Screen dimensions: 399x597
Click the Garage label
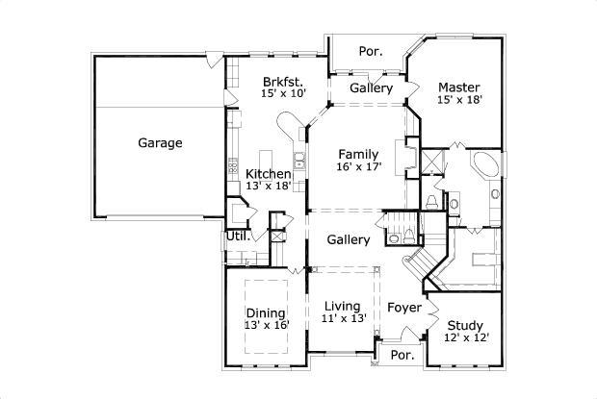[x=160, y=143]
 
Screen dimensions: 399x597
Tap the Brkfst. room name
[x=281, y=82]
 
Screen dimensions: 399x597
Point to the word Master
[x=458, y=85]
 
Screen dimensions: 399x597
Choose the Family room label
[x=357, y=154]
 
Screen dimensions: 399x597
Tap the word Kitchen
[x=268, y=174]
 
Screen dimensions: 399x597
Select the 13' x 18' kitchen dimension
[x=268, y=187]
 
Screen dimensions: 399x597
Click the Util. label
[x=238, y=236]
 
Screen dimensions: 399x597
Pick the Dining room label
[x=265, y=312]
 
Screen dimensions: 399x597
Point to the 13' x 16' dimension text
[x=265, y=326]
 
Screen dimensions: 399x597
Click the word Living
[x=342, y=306]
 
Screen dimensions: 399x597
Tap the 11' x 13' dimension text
[x=342, y=319]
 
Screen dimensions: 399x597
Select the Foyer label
[x=404, y=308]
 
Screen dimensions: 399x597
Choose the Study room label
[x=465, y=325]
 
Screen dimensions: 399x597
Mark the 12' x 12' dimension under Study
[x=465, y=338]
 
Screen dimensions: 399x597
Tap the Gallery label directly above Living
[x=348, y=239]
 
